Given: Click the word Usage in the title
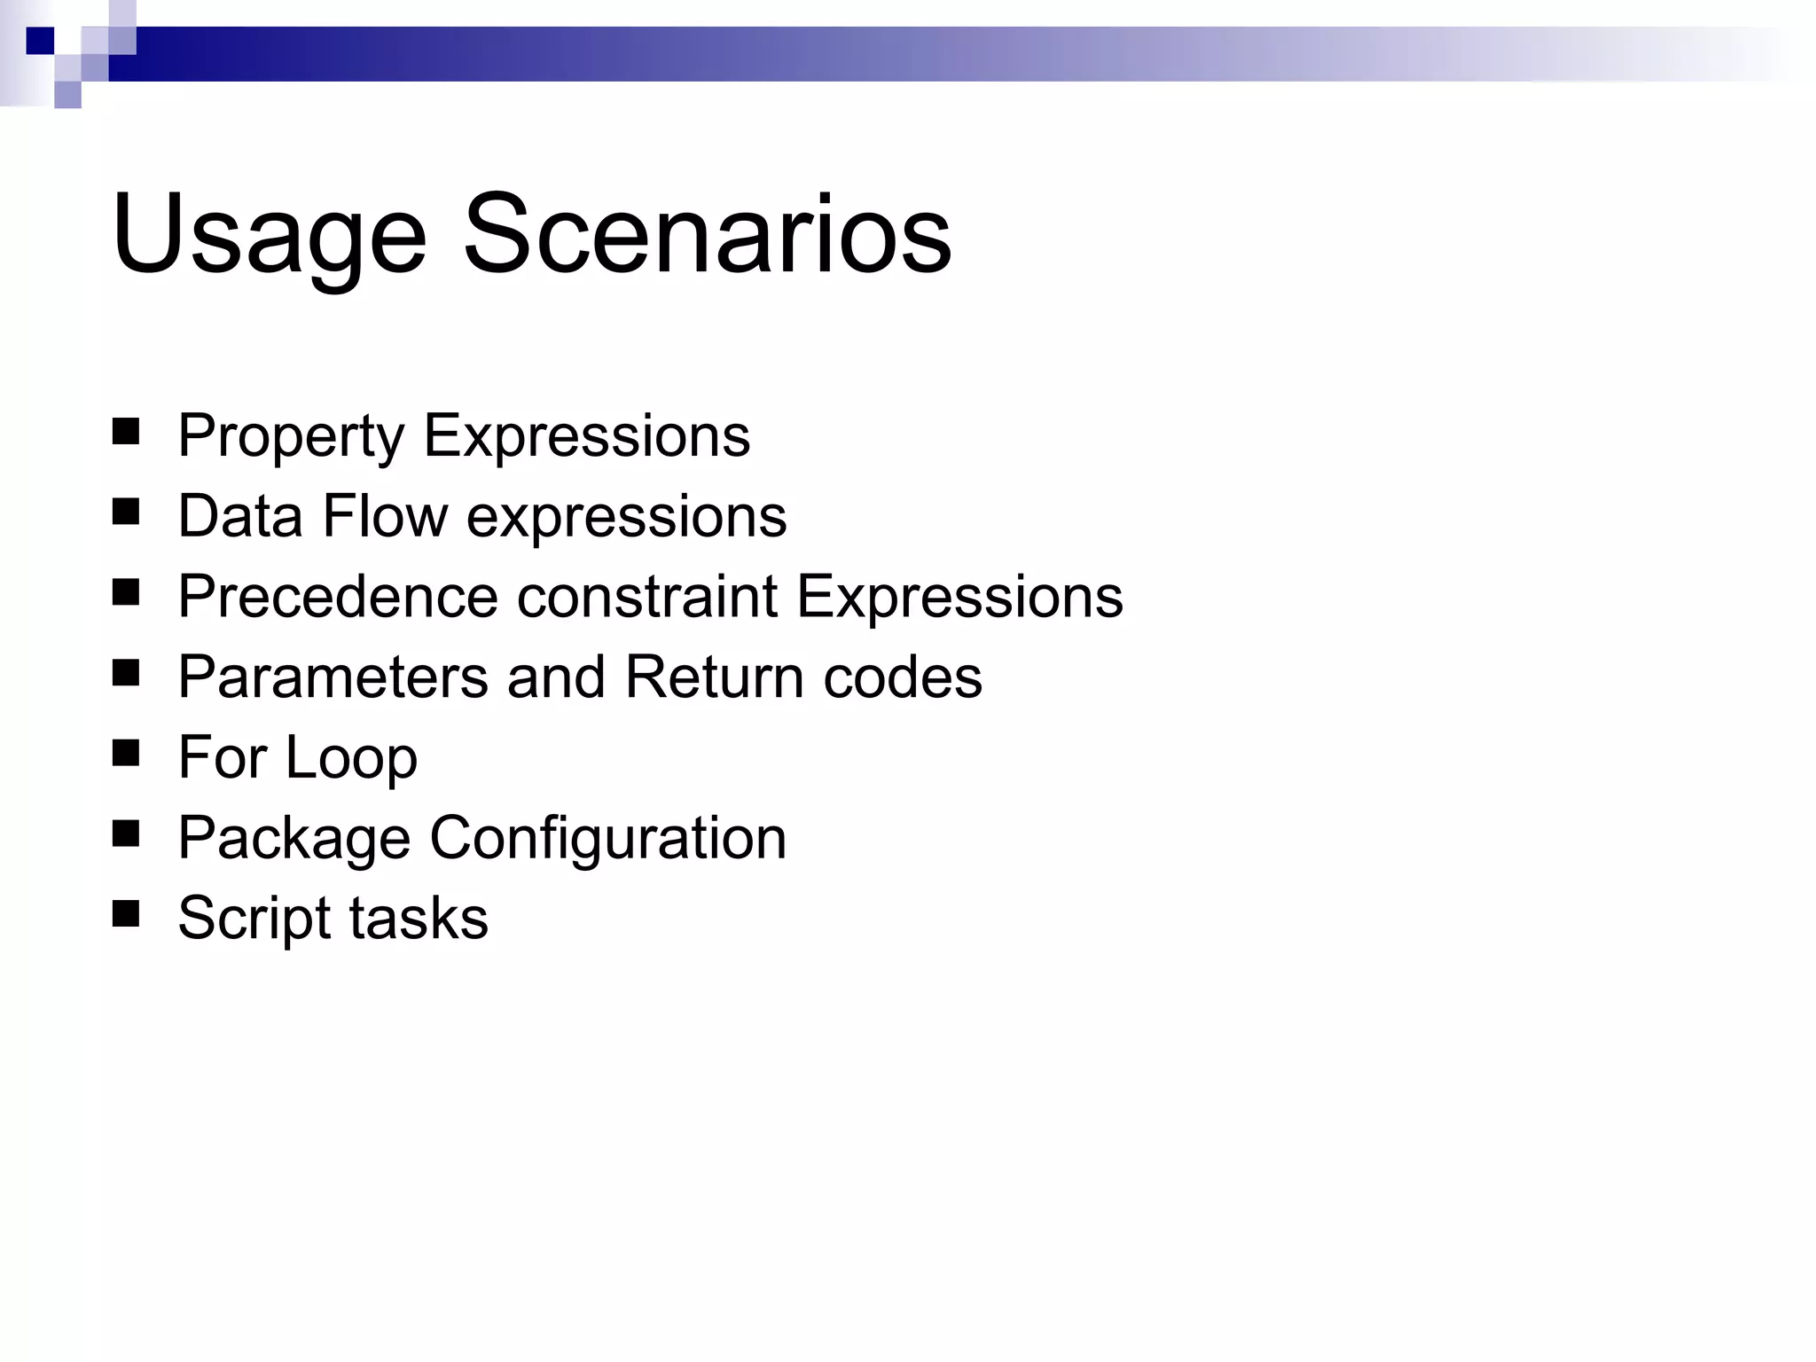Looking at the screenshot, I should point(269,236).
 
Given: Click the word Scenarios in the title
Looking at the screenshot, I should point(707,234).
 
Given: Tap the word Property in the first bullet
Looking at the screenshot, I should point(291,437).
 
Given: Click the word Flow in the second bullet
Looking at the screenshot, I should point(385,516).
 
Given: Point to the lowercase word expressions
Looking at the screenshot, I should point(626,518).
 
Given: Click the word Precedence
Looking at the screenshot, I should point(338,597).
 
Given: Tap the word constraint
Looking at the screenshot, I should point(647,597).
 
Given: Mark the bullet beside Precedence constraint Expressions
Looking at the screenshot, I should point(127,592).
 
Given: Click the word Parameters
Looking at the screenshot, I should point(333,677).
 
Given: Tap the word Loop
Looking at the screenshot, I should point(351,759).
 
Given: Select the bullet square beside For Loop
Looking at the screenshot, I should point(127,753).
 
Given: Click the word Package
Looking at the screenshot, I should point(294,840).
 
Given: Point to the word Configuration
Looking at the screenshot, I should point(608,840).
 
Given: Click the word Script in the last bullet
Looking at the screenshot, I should point(250,920).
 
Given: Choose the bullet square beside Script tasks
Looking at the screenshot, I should point(127,913).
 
